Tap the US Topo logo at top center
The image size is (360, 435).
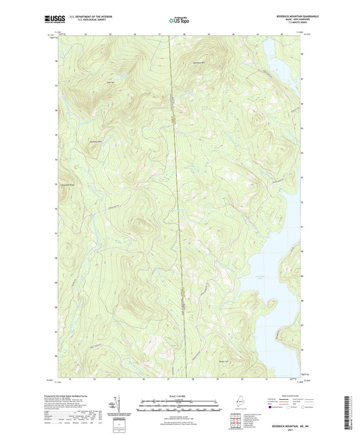[x=180, y=20]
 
